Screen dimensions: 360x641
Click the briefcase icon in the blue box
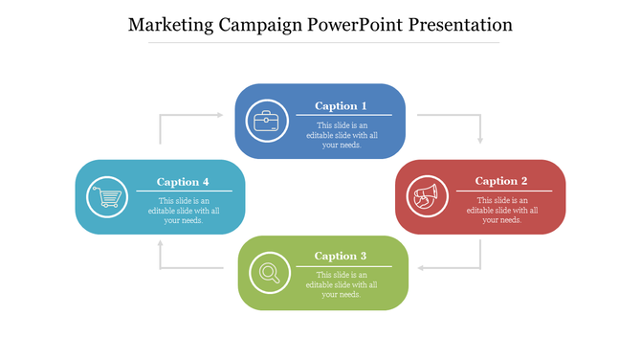coord(265,122)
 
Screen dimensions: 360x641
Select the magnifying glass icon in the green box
coord(269,273)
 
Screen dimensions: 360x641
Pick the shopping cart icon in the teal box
coord(107,197)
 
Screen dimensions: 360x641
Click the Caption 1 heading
coord(342,106)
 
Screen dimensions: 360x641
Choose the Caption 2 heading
coord(501,181)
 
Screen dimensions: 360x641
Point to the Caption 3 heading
coord(341,256)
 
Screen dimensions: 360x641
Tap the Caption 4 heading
coord(183,182)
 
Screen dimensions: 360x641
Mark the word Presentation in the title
coord(460,25)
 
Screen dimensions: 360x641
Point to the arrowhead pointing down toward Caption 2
coord(480,139)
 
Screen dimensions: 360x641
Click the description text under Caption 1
coord(342,135)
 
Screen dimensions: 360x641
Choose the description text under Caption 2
coord(501,210)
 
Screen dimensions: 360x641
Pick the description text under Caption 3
coord(342,284)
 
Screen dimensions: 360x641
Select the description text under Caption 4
coord(183,211)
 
